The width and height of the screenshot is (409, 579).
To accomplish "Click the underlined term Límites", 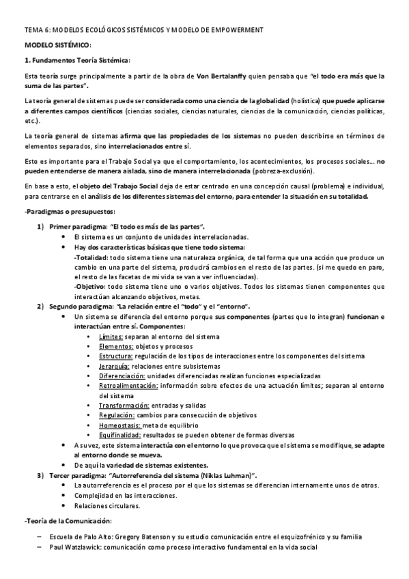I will pyautogui.click(x=111, y=337).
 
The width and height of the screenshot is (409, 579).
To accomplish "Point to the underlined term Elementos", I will pyautogui.click(x=115, y=346).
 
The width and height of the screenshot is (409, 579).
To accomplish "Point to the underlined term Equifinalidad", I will pyautogui.click(x=120, y=435).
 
